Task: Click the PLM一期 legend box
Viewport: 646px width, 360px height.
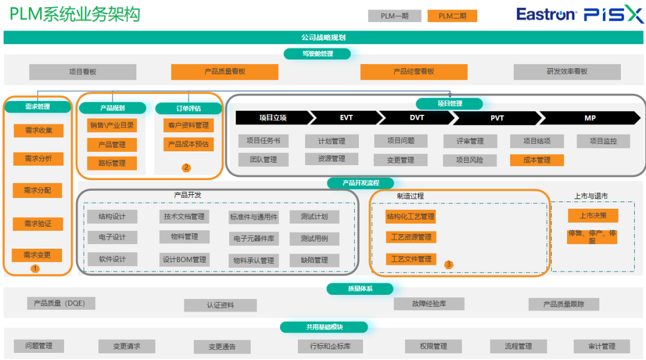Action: pos(394,16)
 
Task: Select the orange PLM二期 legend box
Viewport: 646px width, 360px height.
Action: pos(452,16)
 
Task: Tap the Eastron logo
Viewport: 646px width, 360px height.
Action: pos(546,14)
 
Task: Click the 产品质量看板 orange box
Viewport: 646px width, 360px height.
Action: pos(224,72)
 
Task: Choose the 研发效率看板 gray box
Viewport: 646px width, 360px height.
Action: pos(567,72)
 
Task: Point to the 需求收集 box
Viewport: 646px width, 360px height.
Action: pos(39,130)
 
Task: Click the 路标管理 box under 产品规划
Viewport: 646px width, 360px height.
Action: pos(112,163)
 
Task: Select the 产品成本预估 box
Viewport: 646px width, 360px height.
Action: pos(188,145)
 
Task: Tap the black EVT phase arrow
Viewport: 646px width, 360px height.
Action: pos(346,118)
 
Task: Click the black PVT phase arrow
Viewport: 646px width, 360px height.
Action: pos(497,118)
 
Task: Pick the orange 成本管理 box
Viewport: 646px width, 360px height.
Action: pos(537,160)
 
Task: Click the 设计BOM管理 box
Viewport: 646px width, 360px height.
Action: pos(185,260)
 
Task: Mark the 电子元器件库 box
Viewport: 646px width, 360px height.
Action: pos(254,239)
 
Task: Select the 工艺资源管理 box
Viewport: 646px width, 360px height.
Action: pos(411,237)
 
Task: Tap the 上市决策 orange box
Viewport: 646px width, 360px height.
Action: pos(593,215)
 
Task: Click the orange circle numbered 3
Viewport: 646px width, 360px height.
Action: pos(449,264)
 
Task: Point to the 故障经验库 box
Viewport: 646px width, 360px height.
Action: pos(429,304)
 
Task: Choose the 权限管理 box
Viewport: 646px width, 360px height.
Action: pos(434,346)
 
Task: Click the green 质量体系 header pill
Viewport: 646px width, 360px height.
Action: pos(360,289)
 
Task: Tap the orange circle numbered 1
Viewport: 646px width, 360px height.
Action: pos(35,269)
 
